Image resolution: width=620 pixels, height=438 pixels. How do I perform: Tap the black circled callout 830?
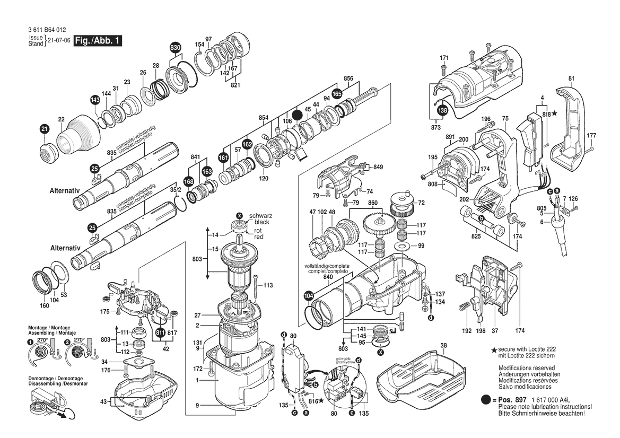pyautogui.click(x=176, y=48)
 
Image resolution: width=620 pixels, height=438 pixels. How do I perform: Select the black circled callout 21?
pyautogui.click(x=45, y=128)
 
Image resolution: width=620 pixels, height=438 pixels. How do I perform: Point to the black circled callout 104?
pyautogui.click(x=308, y=296)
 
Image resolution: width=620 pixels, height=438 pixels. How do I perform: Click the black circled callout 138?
pyautogui.click(x=442, y=110)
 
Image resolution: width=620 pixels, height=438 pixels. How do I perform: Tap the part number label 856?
pyautogui.click(x=348, y=78)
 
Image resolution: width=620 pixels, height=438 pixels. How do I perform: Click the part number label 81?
pyautogui.click(x=571, y=79)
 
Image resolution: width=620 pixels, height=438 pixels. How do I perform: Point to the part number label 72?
pyautogui.click(x=422, y=203)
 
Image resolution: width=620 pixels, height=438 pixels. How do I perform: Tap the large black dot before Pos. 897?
pyautogui.click(x=486, y=399)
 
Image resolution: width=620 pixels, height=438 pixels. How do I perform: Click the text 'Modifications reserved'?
pyautogui.click(x=527, y=367)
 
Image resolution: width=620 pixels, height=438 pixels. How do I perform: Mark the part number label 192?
pyautogui.click(x=466, y=331)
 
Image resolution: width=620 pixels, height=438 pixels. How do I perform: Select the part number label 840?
pyautogui.click(x=328, y=277)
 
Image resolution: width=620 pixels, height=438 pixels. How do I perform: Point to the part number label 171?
pyautogui.click(x=444, y=57)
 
